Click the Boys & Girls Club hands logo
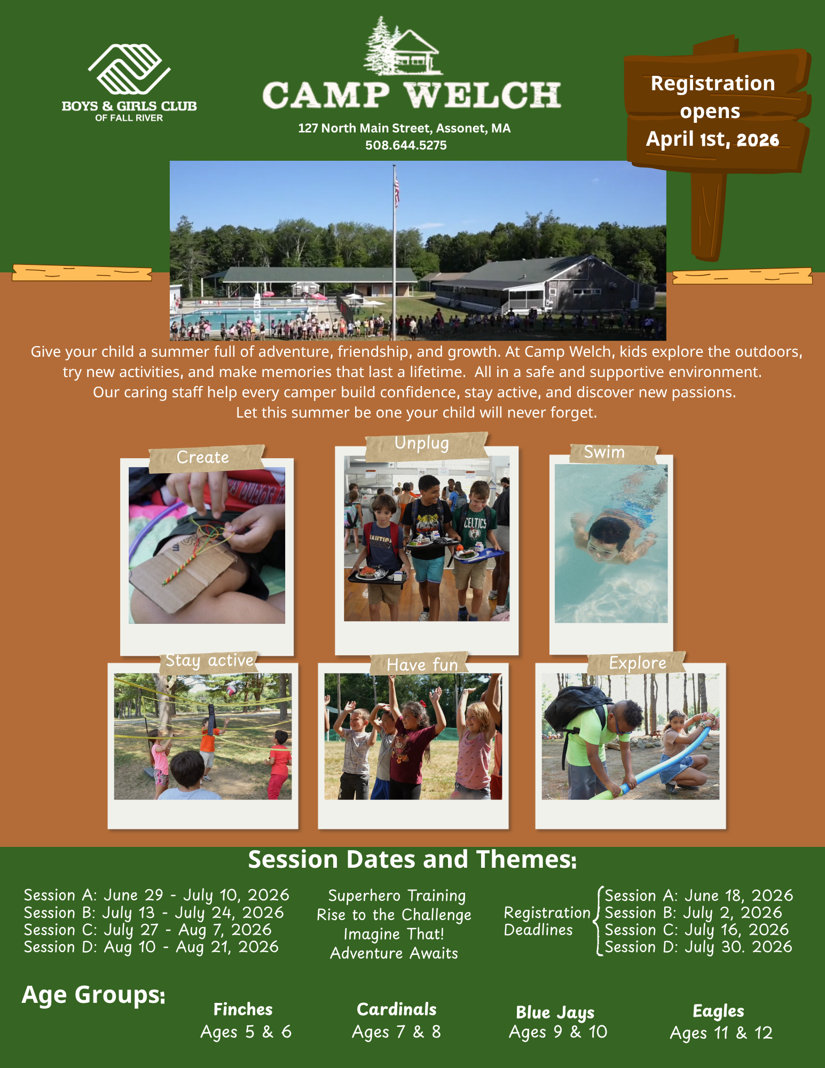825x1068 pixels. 129,69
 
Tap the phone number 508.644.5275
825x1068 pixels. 406,145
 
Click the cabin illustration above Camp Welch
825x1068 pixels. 403,45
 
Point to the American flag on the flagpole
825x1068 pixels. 397,191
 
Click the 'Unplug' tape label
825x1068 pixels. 426,445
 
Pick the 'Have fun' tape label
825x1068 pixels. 421,664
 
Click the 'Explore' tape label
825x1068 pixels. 637,663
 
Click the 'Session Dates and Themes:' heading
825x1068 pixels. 412,860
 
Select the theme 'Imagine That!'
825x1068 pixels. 394,934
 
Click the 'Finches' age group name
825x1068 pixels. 243,1009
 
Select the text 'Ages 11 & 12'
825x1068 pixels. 721,1033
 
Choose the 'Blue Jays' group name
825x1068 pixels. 555,1012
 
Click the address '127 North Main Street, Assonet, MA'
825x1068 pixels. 404,128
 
